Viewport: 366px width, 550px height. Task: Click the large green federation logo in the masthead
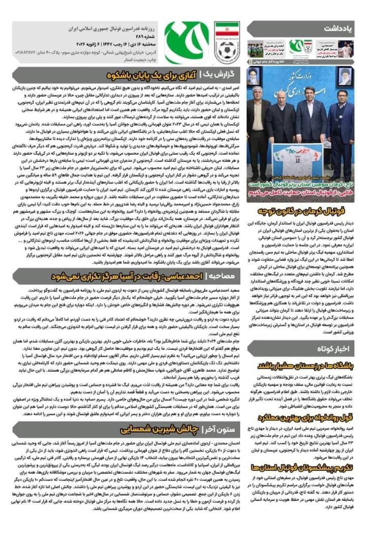coord(186,43)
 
